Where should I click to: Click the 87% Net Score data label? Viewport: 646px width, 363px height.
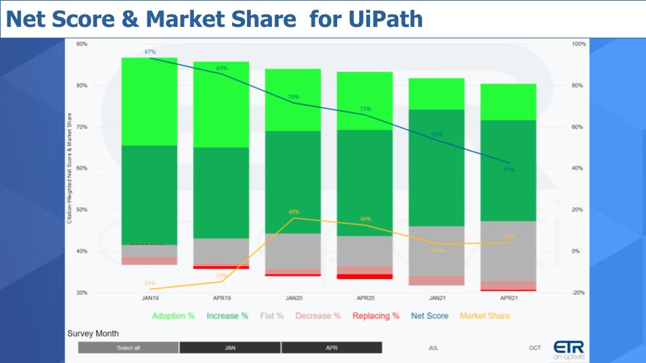pos(149,52)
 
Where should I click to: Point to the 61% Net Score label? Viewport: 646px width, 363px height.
pos(509,169)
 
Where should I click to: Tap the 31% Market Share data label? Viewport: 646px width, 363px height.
pos(149,283)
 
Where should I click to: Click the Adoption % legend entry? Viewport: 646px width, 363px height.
pos(173,316)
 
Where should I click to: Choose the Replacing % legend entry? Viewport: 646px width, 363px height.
pos(375,316)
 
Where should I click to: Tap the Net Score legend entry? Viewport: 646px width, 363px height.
pos(429,316)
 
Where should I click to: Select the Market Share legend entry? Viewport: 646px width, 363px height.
pos(485,316)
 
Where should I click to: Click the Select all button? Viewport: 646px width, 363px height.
pos(129,348)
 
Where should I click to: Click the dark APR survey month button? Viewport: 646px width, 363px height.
pos(332,348)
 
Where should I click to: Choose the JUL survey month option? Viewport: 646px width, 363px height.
pos(433,348)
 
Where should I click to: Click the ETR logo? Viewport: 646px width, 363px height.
pos(565,349)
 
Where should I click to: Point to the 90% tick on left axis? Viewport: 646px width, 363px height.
pos(81,44)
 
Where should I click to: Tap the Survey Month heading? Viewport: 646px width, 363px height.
pos(93,333)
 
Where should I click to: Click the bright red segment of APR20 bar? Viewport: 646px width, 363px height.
pos(365,276)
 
